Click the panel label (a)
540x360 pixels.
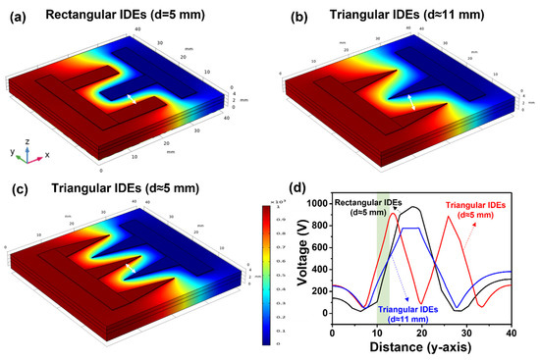(x=16, y=13)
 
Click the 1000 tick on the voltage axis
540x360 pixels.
(x=316, y=203)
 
